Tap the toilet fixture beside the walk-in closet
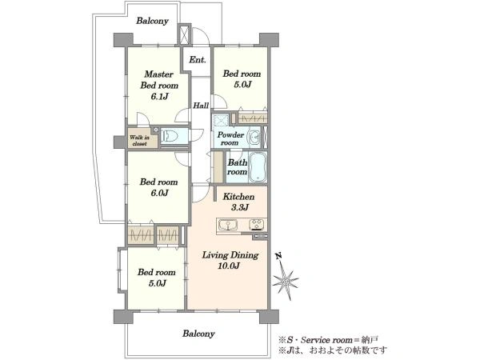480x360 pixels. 170,135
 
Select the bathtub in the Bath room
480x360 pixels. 258,167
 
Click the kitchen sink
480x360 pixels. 228,225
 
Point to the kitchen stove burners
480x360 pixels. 257,225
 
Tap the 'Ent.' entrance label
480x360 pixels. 198,60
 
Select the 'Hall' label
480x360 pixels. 201,106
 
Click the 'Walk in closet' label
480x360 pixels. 139,141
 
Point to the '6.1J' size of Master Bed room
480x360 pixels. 159,97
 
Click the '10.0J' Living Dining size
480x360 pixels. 229,266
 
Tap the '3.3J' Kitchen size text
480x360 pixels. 239,207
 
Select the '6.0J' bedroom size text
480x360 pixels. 159,193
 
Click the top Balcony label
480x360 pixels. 153,21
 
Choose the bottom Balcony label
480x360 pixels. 198,334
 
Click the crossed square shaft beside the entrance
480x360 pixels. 185,34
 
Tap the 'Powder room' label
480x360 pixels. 230,138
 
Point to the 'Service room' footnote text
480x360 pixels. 326,340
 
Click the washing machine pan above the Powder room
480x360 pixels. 220,120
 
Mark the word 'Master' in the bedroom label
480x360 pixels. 159,74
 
